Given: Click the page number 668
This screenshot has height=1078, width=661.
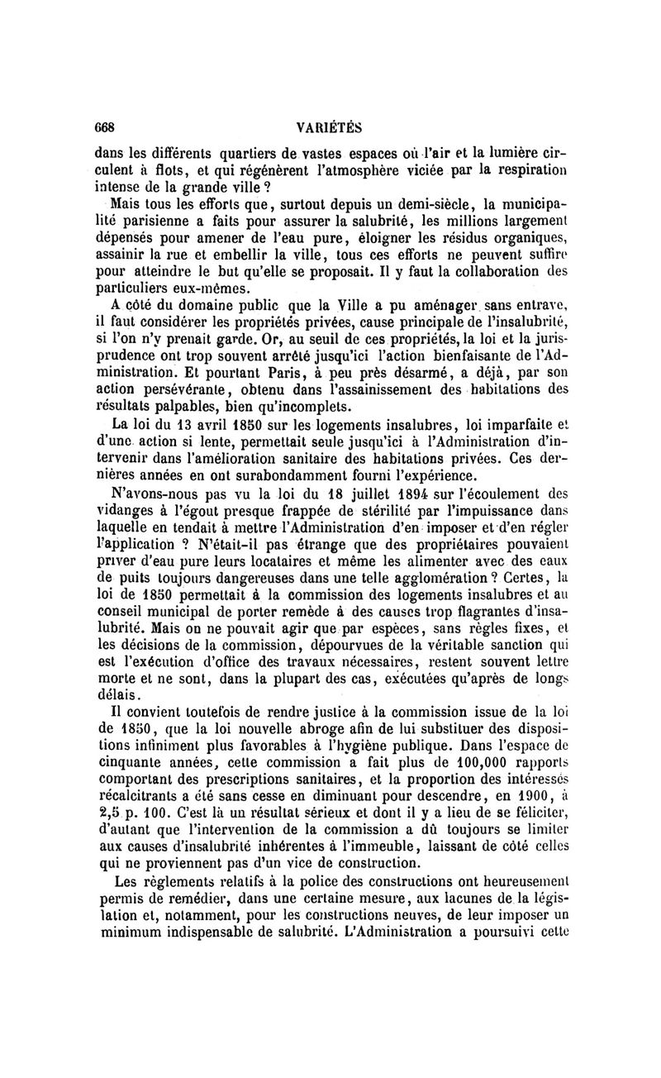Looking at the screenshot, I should click(104, 127).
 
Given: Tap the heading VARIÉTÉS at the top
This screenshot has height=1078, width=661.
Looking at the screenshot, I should click(328, 127).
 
